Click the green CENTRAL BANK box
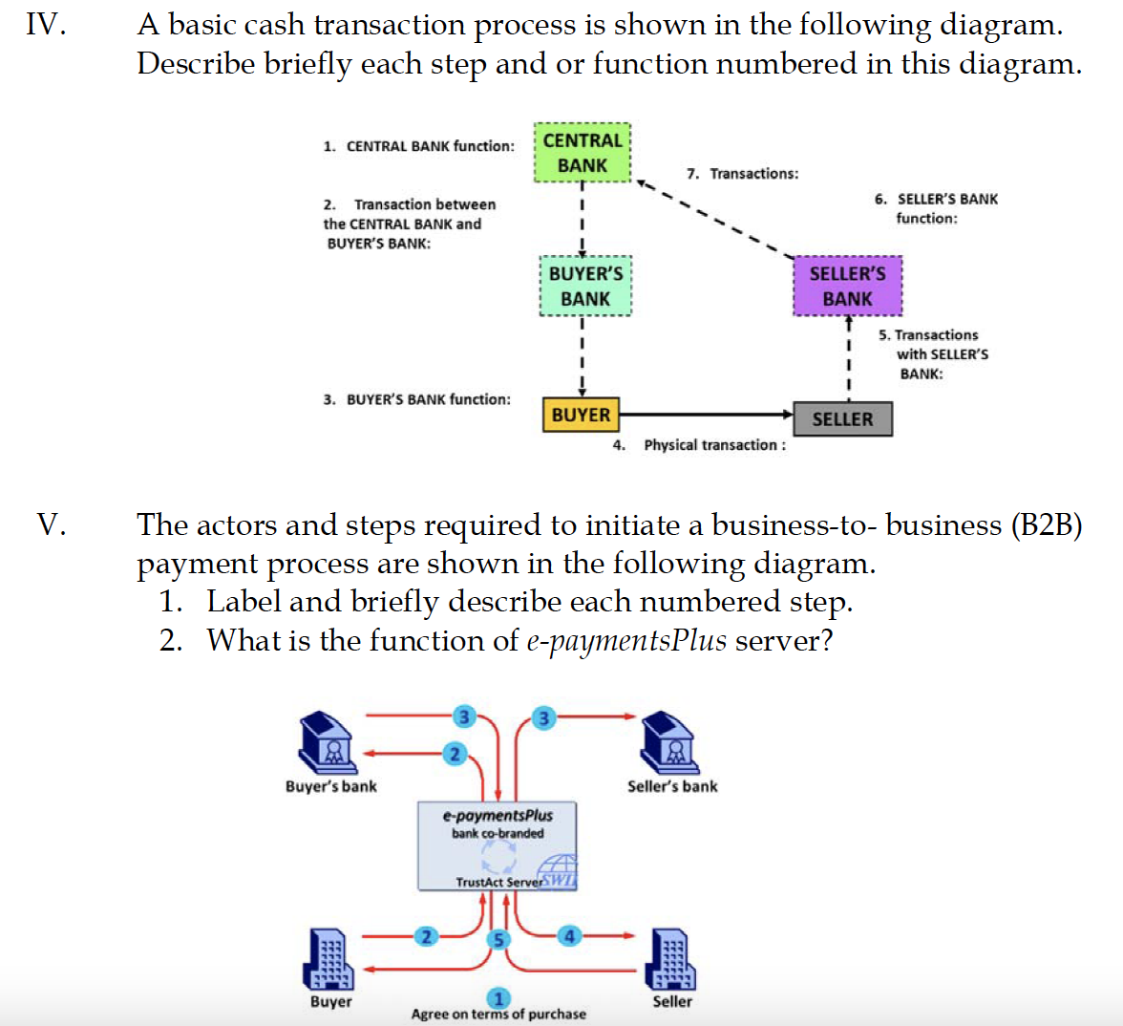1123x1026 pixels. pos(582,153)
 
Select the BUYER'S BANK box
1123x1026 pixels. pos(584,286)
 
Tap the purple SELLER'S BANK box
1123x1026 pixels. pos(847,286)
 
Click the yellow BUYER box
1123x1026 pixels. pos(581,415)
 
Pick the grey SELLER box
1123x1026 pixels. pos(842,418)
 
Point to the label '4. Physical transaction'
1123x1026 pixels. pos(700,445)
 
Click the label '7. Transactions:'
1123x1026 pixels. pos(743,174)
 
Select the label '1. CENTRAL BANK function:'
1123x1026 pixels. pos(418,146)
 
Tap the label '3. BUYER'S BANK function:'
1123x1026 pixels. pos(416,399)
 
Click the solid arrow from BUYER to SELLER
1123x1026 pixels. pos(707,415)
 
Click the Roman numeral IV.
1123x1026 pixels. pos(46,24)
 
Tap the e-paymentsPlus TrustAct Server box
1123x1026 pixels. pos(497,846)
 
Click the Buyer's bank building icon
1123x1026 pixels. pos(327,743)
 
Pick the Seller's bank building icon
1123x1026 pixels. pos(668,743)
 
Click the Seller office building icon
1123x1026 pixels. pos(671,959)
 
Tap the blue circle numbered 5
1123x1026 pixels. pos(498,939)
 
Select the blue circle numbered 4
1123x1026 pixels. pos(569,936)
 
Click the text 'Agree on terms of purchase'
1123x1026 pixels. pos(498,1014)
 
